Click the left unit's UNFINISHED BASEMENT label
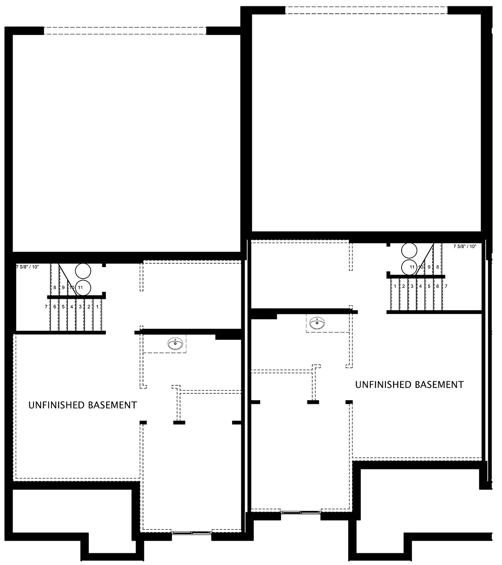click(x=82, y=405)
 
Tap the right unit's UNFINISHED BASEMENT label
click(x=409, y=385)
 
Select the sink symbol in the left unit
click(x=175, y=344)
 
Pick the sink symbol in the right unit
click(x=317, y=323)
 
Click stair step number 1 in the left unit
click(x=97, y=307)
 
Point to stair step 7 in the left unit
click(x=46, y=307)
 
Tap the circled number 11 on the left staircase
click(x=80, y=287)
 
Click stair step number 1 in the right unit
click(x=395, y=286)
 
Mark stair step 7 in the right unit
click(x=446, y=286)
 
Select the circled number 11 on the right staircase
click(x=412, y=267)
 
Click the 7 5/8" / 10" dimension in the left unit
click(x=28, y=267)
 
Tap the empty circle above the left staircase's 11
click(x=83, y=271)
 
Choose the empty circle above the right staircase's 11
click(x=409, y=251)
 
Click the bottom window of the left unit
click(x=192, y=533)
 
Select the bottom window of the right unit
click(x=301, y=512)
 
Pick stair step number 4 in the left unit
click(x=72, y=307)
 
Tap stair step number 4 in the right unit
click(x=420, y=286)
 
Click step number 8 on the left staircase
click(x=54, y=288)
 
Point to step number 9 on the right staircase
click(x=429, y=267)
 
